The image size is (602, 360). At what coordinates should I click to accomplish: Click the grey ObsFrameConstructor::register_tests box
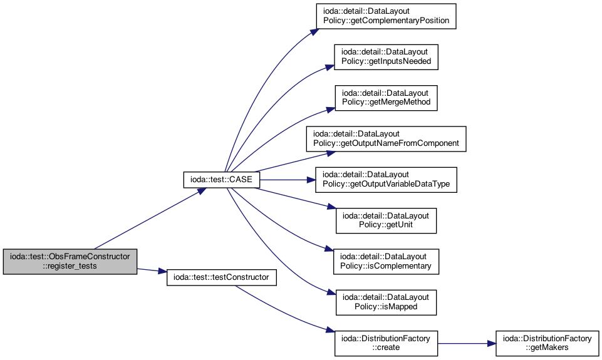(70, 261)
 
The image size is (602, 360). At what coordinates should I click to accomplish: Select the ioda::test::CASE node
(222, 180)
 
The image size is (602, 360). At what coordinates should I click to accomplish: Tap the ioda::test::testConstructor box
(222, 277)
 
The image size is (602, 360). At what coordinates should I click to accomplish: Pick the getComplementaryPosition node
(387, 16)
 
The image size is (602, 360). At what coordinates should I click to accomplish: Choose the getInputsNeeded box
(387, 57)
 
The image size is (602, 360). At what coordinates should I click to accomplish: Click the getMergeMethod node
(387, 98)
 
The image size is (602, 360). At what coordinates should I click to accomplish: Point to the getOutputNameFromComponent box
(387, 139)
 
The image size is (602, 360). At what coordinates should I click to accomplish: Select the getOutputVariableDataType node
(387, 180)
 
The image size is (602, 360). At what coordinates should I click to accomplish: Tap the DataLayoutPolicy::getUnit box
(387, 220)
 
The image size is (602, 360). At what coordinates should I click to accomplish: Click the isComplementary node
(387, 261)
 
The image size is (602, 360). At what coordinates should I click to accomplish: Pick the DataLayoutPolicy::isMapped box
(387, 302)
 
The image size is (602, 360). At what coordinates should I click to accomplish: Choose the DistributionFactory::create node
(387, 343)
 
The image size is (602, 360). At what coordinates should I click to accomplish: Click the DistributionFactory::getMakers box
(548, 343)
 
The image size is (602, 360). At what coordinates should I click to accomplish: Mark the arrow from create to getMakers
(467, 344)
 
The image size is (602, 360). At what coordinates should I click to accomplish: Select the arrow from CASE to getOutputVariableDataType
(288, 180)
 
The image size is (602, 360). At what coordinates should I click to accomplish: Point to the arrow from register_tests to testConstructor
(152, 270)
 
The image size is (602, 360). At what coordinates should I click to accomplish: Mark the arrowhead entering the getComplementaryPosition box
(314, 32)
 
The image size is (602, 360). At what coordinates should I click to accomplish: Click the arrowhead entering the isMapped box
(331, 292)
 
